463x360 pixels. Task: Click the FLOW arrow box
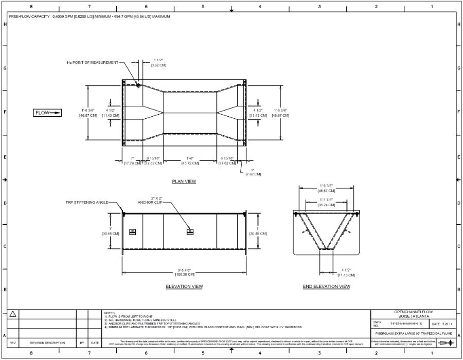coord(48,113)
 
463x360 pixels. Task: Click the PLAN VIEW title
coord(184,182)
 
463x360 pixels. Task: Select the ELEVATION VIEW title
coord(184,286)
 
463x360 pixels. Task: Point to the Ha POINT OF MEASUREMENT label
coord(92,62)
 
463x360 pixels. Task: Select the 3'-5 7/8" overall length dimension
coord(184,273)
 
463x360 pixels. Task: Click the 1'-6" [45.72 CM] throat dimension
coord(190,160)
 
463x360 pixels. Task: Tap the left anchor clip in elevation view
coord(133,231)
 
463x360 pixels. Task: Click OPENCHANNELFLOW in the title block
coord(413,312)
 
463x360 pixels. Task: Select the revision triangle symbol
coord(13,314)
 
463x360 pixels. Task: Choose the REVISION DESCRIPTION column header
coord(47,343)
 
